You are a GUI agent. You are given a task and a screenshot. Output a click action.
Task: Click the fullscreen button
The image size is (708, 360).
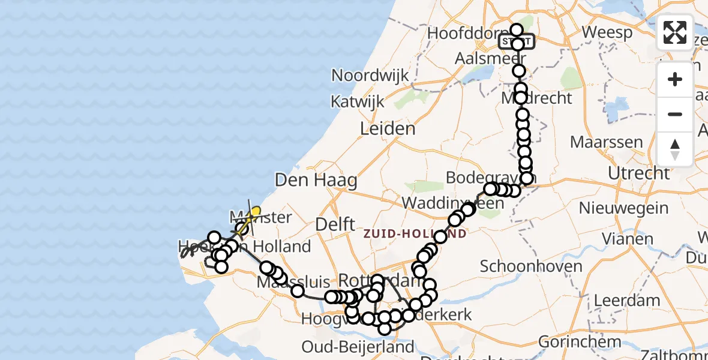pos(675,32)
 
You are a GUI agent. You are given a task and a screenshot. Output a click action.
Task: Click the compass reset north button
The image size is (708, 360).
pos(675,149)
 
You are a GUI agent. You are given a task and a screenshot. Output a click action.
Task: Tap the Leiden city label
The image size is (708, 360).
pos(388,128)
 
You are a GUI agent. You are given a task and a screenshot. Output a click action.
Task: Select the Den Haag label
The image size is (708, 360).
pos(316,179)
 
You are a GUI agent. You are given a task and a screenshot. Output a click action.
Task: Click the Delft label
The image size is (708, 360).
pos(334,224)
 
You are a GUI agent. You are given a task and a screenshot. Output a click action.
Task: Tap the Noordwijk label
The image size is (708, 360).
pos(370,76)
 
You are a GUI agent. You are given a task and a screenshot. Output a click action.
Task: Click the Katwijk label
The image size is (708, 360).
pos(358,101)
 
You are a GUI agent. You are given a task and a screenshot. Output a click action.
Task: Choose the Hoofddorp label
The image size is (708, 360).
pos(463,32)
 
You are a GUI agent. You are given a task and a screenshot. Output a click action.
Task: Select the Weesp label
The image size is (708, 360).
pos(604,32)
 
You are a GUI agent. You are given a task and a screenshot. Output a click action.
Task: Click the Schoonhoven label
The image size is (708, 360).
pos(523,266)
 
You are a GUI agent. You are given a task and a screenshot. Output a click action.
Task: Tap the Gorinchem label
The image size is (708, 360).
pos(579,342)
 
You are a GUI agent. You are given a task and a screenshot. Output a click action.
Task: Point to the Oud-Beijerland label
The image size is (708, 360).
pos(358,347)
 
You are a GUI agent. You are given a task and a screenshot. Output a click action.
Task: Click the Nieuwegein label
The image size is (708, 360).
pos(623,208)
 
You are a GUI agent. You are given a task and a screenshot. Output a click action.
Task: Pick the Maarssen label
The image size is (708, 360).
pos(607,142)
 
